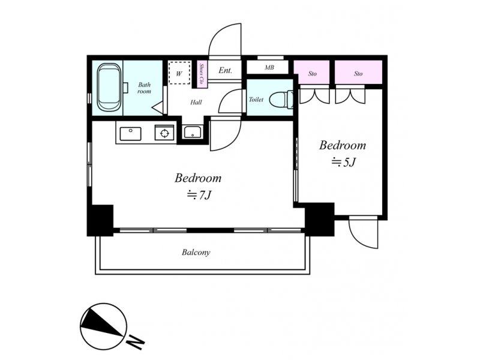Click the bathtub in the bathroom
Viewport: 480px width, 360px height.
click(109, 87)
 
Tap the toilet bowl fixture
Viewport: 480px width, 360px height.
click(281, 99)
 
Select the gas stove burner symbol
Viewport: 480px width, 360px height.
click(164, 133)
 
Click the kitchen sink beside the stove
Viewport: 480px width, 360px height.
click(130, 134)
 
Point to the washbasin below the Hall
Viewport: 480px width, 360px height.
click(192, 132)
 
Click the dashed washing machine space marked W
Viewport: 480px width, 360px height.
click(179, 73)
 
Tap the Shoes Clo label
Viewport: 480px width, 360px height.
click(202, 74)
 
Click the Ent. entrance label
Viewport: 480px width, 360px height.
click(225, 70)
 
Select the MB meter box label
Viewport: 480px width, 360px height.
click(269, 67)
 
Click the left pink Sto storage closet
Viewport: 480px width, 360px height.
click(311, 72)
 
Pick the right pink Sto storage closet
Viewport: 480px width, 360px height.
click(358, 72)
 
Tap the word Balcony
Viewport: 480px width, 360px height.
click(196, 253)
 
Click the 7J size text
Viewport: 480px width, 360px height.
click(199, 194)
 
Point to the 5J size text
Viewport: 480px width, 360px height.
click(343, 162)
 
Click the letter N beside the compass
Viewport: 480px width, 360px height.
click(136, 341)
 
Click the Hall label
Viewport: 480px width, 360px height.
click(196, 102)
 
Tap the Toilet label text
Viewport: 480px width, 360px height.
click(256, 100)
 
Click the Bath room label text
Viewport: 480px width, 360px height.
click(144, 88)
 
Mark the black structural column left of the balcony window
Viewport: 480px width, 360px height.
click(100, 220)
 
